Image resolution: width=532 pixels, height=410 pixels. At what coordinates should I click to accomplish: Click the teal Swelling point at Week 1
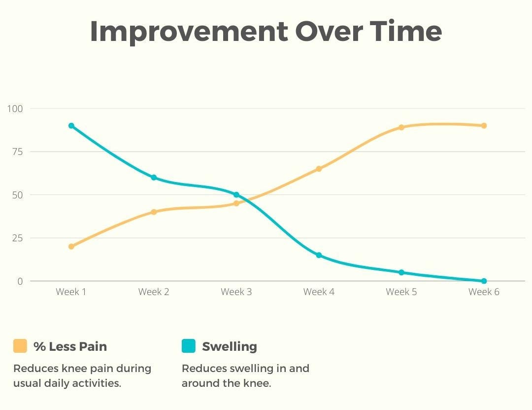pos(71,126)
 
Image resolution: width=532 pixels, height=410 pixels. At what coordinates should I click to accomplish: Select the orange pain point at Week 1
pos(71,246)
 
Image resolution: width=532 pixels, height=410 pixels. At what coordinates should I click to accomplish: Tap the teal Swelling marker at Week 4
pos(319,255)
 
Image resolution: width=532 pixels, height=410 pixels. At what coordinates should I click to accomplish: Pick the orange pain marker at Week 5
pos(401,127)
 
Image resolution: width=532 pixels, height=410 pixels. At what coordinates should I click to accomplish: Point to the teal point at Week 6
pos(484,281)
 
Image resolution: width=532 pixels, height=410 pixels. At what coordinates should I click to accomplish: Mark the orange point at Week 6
pos(484,126)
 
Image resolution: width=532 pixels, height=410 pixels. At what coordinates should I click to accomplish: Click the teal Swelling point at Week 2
pos(154,178)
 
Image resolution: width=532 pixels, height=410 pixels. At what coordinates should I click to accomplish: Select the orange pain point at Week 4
pos(319,169)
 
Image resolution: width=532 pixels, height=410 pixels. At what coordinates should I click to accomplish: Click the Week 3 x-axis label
pos(236,292)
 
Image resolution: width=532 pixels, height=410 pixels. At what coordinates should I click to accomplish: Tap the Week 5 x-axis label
pos(401,292)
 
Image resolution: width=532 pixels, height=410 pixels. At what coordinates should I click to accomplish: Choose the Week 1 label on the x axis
pos(71,292)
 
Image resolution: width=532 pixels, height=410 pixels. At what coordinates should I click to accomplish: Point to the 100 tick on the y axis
pos(15,109)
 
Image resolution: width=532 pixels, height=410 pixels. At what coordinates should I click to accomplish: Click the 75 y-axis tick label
pos(17,151)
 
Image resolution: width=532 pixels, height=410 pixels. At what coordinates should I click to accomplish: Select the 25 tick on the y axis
pos(17,238)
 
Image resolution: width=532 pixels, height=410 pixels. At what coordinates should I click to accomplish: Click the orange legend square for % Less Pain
pos(20,346)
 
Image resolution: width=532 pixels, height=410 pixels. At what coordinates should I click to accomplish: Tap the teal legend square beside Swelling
pos(189,346)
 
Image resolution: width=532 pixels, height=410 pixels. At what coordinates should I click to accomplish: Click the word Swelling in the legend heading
pos(230,347)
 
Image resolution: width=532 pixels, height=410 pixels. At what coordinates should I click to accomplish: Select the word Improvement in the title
pos(189,32)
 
